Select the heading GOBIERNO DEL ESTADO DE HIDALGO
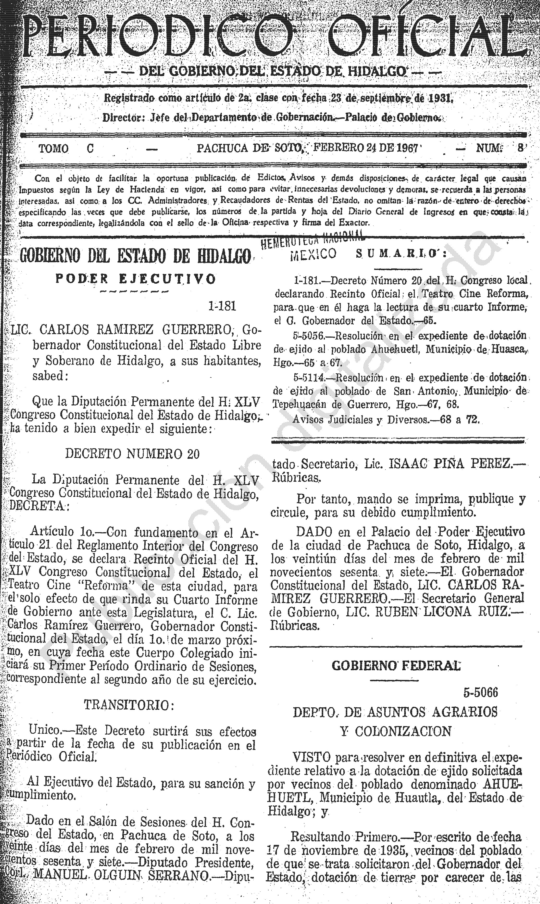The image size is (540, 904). tap(135, 256)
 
